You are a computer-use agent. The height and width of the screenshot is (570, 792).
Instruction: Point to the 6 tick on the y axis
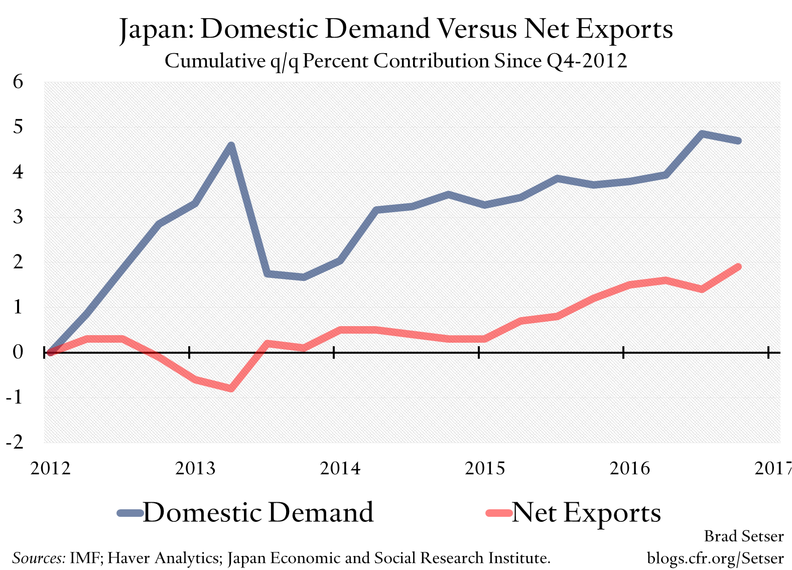(18, 81)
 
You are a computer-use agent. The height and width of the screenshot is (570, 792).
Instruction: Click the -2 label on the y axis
(15, 442)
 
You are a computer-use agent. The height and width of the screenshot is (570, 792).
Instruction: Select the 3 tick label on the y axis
(18, 217)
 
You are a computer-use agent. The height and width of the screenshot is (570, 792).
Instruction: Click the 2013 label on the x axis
(195, 468)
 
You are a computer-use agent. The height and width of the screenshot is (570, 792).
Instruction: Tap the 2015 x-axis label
(485, 468)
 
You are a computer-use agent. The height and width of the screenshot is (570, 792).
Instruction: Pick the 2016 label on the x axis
(629, 468)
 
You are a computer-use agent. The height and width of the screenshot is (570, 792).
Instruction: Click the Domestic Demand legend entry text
(258, 513)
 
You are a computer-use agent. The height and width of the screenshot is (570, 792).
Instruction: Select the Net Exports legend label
(586, 513)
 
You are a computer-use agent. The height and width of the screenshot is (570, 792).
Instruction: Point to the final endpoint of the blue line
(738, 140)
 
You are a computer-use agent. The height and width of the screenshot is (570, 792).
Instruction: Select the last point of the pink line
(738, 267)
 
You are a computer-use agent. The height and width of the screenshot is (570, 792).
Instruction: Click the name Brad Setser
(743, 536)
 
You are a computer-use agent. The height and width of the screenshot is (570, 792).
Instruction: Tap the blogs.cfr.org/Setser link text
(715, 558)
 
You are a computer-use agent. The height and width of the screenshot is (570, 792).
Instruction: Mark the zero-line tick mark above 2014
(334, 353)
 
